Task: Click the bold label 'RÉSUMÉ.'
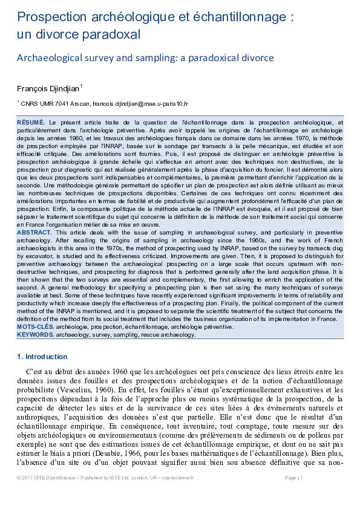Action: (x=31, y=123)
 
